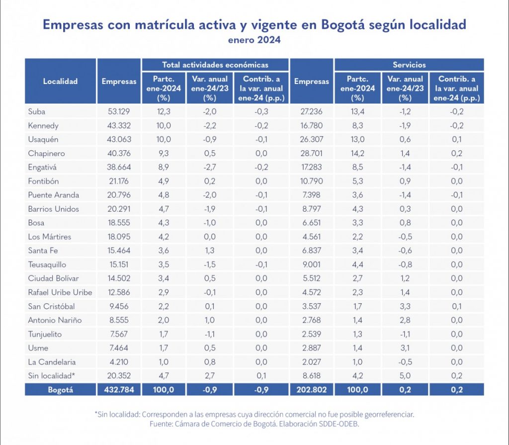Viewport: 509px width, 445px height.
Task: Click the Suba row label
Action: pos(36,111)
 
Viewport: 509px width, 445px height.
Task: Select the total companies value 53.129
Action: pos(119,111)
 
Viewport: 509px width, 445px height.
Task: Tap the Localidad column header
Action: pos(60,82)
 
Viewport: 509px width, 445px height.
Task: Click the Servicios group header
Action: pos(409,65)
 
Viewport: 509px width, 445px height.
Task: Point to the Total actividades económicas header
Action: pos(215,65)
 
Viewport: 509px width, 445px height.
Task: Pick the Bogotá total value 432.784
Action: pos(119,390)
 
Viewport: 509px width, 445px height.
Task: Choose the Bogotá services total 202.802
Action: pos(311,390)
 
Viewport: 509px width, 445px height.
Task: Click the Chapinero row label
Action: pos(46,153)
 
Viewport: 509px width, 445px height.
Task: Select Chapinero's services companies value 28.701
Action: pos(311,153)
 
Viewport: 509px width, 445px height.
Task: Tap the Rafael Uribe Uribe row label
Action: pos(60,292)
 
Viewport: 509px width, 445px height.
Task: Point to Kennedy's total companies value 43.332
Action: pos(119,125)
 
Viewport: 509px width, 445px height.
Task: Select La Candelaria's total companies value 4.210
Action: pos(119,362)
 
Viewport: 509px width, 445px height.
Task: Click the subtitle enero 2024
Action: pos(254,40)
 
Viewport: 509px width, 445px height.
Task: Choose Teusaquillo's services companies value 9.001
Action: pos(311,265)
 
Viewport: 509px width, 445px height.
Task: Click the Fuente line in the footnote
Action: pos(254,424)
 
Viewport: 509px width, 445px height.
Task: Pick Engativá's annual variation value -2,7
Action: pos(209,167)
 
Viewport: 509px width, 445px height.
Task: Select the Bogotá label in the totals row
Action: pos(60,390)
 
